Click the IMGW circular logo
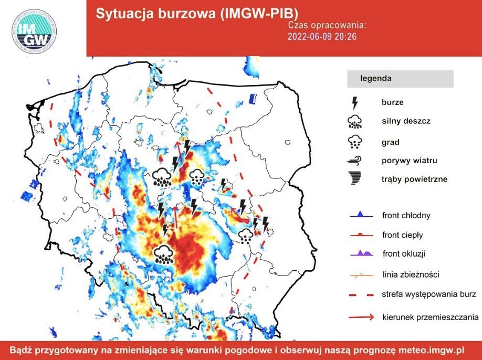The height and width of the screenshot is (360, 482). click(35, 31)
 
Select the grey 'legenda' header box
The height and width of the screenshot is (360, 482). click(400, 79)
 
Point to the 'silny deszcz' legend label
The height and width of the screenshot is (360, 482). click(406, 121)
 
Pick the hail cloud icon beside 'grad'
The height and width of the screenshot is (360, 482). click(355, 142)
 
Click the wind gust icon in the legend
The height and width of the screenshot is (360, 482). click(355, 161)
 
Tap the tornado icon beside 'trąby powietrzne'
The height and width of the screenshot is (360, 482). click(355, 179)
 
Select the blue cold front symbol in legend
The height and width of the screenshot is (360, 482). click(361, 215)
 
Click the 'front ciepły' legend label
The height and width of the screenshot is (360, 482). click(402, 235)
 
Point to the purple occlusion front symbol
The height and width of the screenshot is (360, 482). click(361, 253)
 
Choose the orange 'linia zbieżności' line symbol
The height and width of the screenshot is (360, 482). click(361, 274)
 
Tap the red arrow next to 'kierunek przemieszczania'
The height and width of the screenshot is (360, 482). click(361, 317)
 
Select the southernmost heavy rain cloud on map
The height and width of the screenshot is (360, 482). click(164, 254)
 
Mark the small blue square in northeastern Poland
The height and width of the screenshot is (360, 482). click(253, 98)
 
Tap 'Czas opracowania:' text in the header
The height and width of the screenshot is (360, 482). click(327, 25)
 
